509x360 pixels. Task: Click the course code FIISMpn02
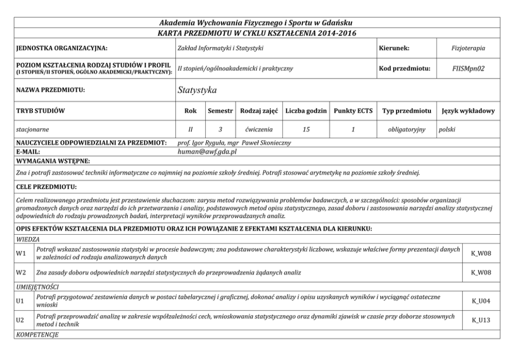click(x=468, y=68)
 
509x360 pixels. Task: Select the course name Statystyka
click(x=197, y=90)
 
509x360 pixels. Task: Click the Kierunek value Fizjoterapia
click(x=468, y=48)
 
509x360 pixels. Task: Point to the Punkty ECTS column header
click(x=353, y=111)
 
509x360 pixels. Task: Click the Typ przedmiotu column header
click(x=406, y=111)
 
